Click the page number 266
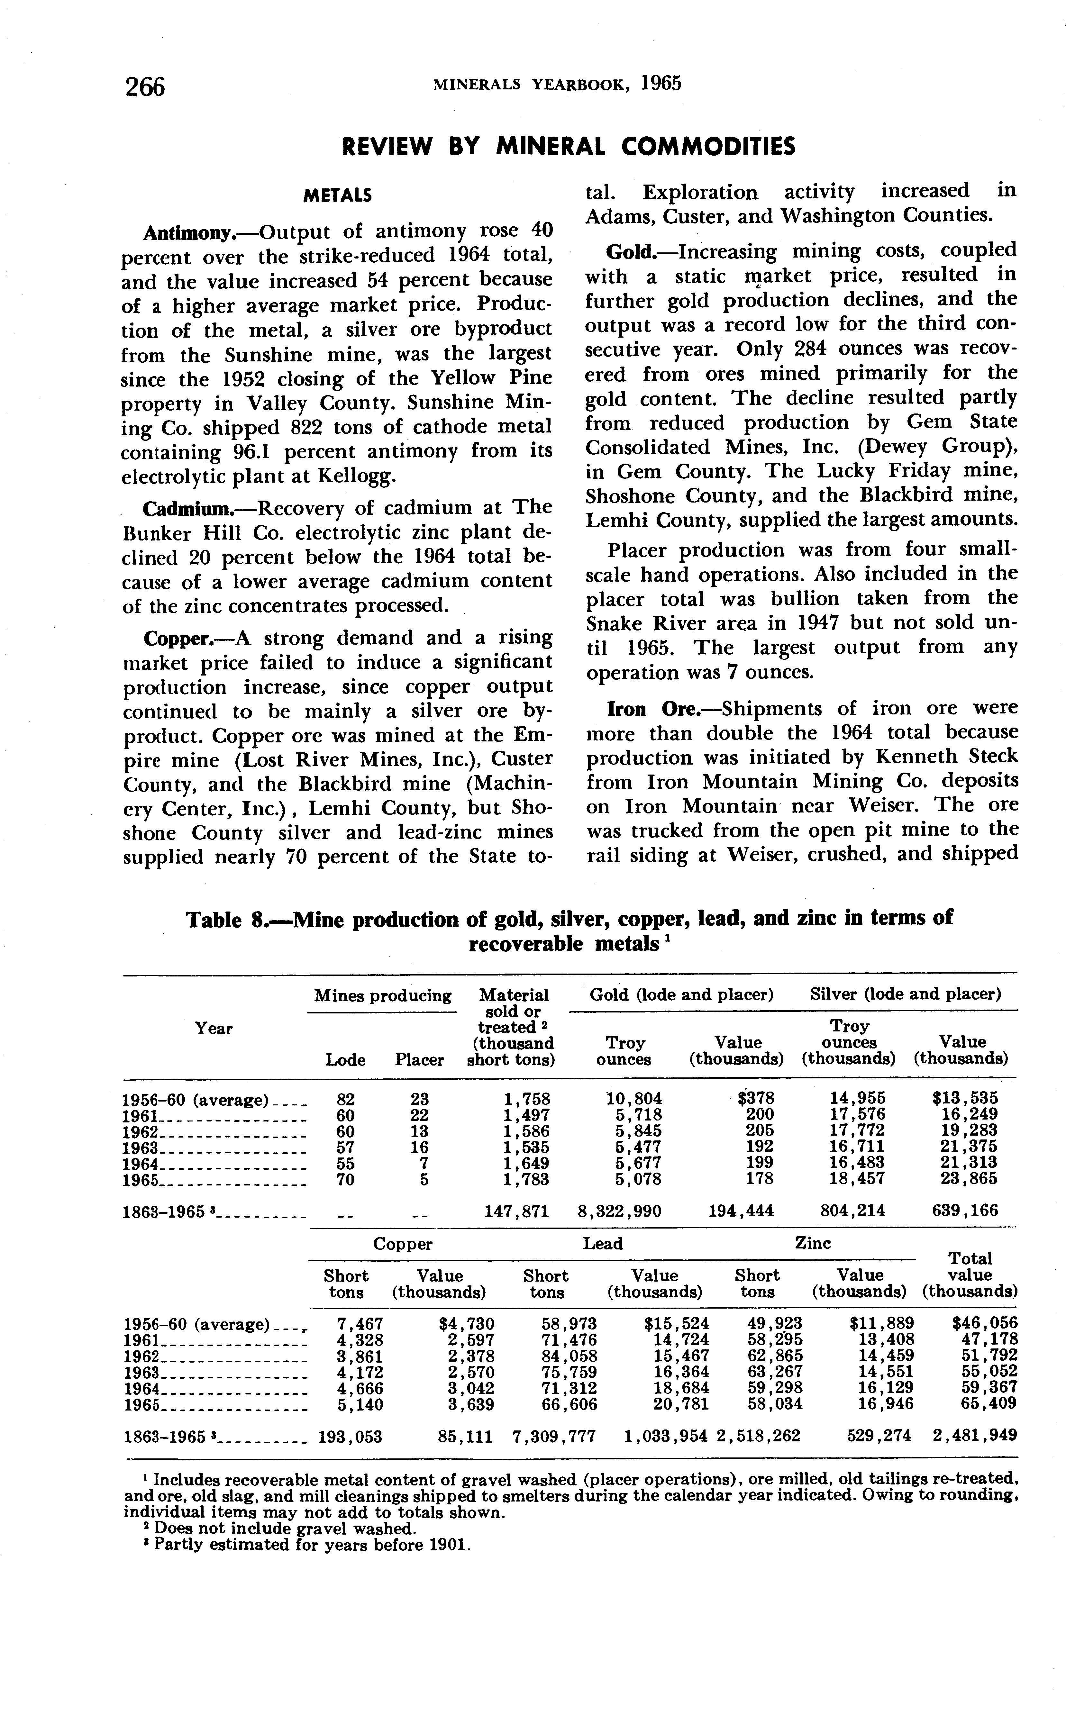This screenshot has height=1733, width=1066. pos(144,87)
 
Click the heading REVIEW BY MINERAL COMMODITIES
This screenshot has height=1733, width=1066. pos(568,147)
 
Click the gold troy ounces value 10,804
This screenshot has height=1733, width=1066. pos(634,1099)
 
